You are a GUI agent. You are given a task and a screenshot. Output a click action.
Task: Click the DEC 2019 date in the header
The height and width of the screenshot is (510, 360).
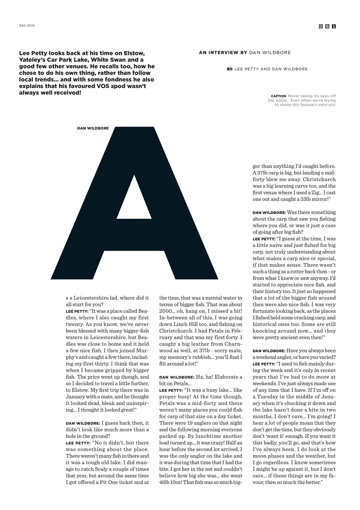point(27,25)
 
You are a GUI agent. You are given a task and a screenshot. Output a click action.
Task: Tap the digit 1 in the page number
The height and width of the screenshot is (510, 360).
point(334,26)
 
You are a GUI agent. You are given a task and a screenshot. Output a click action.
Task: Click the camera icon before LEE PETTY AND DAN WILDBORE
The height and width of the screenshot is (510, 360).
point(230,69)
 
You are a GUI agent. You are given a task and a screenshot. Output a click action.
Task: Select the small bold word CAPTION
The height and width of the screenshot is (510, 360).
point(278,96)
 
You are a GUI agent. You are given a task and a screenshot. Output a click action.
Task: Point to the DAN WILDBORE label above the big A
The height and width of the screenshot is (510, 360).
point(93,128)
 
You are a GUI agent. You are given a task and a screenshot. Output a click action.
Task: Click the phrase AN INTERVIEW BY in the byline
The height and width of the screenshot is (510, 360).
point(222,53)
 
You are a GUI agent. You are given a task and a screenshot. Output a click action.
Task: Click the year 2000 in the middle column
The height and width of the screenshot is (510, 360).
point(166,311)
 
